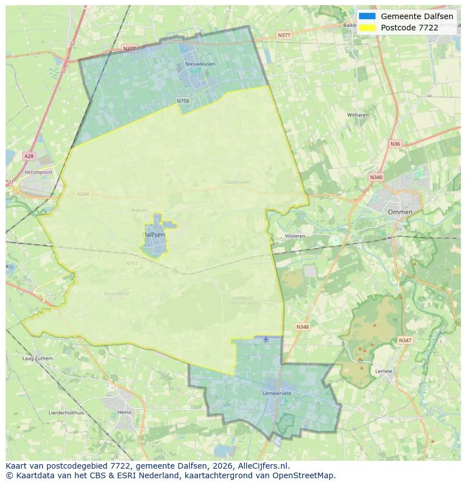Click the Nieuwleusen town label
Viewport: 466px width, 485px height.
[x=200, y=64]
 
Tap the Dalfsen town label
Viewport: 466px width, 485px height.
[x=154, y=234]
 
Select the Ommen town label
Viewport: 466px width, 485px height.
[x=400, y=212]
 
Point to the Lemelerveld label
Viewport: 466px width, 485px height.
[x=276, y=393]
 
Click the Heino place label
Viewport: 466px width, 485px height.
[x=124, y=412]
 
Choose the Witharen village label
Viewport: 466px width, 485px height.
[x=358, y=115]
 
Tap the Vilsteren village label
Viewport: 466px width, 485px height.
[x=295, y=236]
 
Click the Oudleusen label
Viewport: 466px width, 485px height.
[x=237, y=182]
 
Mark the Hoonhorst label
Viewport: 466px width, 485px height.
[x=116, y=293]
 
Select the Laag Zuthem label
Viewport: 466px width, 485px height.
[x=37, y=358]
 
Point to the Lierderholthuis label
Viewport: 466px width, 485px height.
[x=66, y=412]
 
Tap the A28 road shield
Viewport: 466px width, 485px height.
[x=29, y=155]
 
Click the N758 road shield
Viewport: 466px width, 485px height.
[x=182, y=101]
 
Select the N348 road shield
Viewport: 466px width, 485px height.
[x=302, y=327]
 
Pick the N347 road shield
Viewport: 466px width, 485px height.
[x=405, y=340]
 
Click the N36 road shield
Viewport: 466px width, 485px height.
[x=395, y=144]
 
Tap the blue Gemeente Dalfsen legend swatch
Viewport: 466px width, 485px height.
[x=367, y=16]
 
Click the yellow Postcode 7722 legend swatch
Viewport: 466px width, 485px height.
[x=367, y=27]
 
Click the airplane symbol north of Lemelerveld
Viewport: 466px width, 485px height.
[x=266, y=339]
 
